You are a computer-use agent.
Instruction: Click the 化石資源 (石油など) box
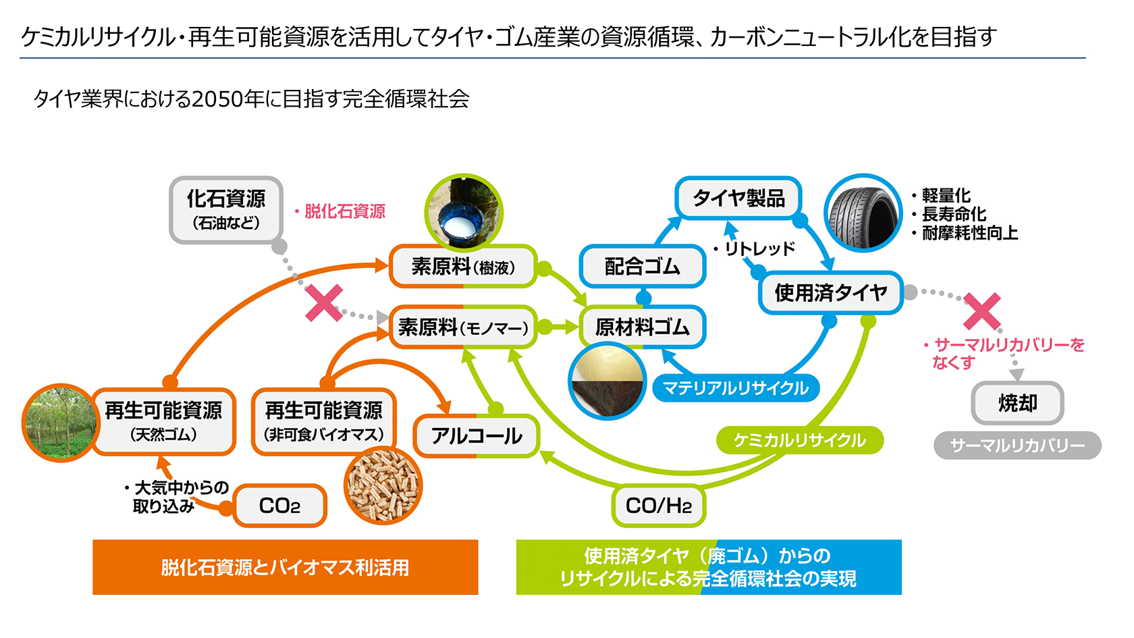pyautogui.click(x=226, y=209)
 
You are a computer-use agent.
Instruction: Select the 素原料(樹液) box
pyautogui.click(x=463, y=267)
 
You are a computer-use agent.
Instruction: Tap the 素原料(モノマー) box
pyautogui.click(x=463, y=327)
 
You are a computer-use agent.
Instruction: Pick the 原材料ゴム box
pyautogui.click(x=642, y=327)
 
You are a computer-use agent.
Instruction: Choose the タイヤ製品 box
pyautogui.click(x=738, y=198)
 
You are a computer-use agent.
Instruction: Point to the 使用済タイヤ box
pyautogui.click(x=830, y=293)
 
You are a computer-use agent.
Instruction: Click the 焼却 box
pyautogui.click(x=1017, y=404)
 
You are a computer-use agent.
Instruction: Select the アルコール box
pyautogui.click(x=477, y=436)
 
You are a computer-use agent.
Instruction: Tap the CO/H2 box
pyautogui.click(x=658, y=506)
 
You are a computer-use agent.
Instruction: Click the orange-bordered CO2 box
pyautogui.click(x=279, y=506)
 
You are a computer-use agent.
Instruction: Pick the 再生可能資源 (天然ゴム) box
pyautogui.click(x=163, y=421)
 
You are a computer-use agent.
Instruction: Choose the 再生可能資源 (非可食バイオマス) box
pyautogui.click(x=323, y=421)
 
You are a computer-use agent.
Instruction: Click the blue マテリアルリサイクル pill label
pyautogui.click(x=736, y=388)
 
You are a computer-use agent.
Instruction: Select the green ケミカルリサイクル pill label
pyautogui.click(x=799, y=440)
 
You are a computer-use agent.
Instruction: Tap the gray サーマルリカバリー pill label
pyautogui.click(x=1017, y=446)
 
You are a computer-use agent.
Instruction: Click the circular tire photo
pyautogui.click(x=863, y=214)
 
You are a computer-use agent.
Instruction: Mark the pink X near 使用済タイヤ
pyautogui.click(x=982, y=311)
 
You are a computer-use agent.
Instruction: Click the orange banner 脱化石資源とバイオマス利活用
pyautogui.click(x=285, y=567)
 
